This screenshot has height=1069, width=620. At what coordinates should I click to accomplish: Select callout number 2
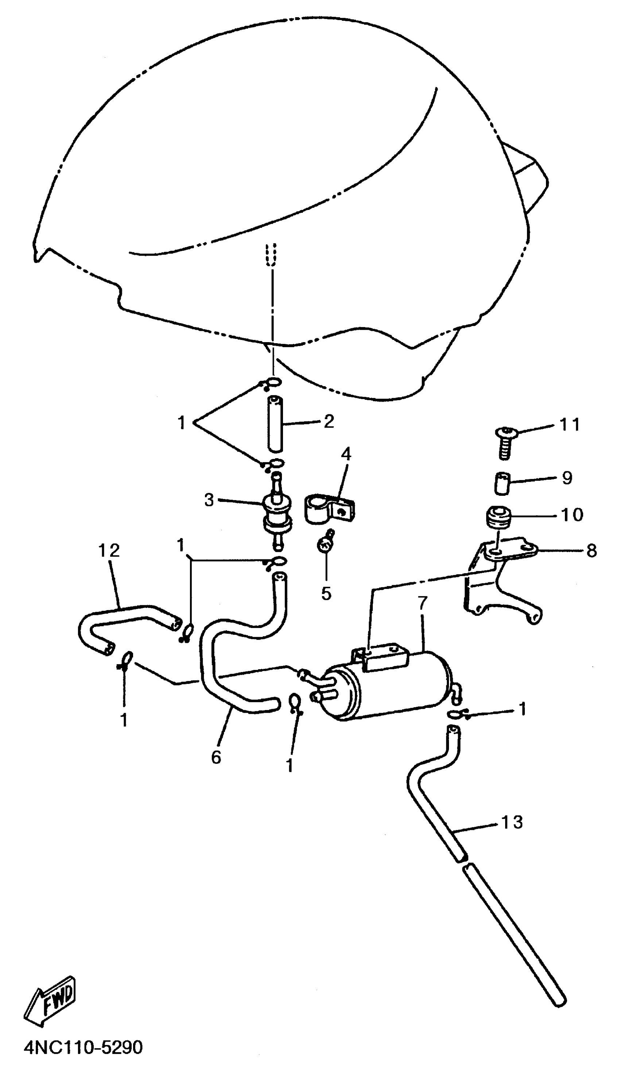tap(329, 421)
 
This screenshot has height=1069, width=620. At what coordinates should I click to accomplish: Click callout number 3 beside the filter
tap(209, 500)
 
